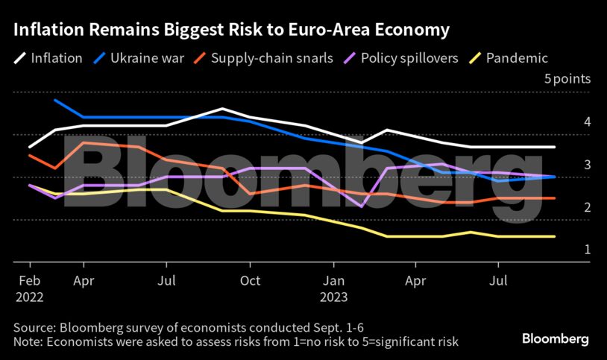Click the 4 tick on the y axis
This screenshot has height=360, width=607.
point(588,121)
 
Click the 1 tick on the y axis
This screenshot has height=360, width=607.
point(588,250)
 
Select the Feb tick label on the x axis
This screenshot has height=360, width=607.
point(29,281)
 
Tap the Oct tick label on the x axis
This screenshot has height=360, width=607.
point(250,281)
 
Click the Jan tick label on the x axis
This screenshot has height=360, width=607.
point(333,281)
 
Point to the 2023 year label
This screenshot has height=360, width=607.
point(334,296)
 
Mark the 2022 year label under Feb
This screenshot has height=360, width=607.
point(29,296)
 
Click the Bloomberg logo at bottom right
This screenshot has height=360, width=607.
point(554,339)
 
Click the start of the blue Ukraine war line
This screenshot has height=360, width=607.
point(55,100)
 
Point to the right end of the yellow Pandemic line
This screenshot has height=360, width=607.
point(555,236)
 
